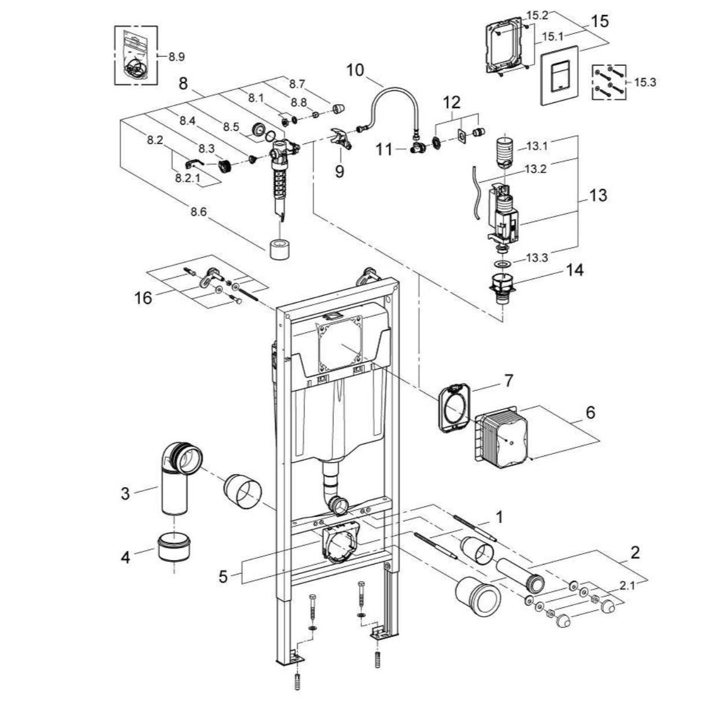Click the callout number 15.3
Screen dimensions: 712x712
point(645,82)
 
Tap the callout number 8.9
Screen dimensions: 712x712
point(176,57)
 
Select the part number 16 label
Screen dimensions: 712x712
point(143,298)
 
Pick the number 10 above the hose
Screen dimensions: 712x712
point(356,71)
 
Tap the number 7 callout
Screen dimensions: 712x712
point(508,381)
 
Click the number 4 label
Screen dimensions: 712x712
point(126,558)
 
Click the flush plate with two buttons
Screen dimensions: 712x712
point(559,73)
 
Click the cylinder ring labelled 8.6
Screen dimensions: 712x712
point(283,250)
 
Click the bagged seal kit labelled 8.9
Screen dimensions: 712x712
point(135,55)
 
